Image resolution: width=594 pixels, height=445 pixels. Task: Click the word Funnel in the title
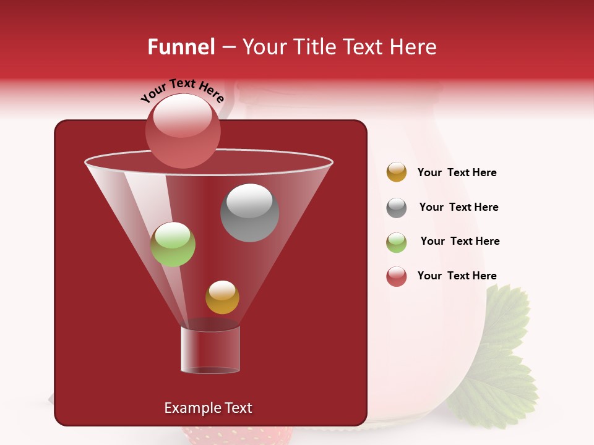pos(181,47)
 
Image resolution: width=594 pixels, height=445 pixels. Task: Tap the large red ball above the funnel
pos(183,130)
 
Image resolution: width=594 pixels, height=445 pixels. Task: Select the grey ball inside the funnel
pos(249,213)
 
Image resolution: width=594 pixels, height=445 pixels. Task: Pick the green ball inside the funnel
pos(173,244)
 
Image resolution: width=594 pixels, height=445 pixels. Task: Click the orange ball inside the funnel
pos(222,297)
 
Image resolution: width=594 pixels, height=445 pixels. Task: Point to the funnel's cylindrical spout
pos(210,349)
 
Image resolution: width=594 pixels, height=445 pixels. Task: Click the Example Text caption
pos(209,408)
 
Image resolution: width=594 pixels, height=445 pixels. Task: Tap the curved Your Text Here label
pos(182,90)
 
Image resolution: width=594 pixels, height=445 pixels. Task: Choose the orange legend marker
pos(397,172)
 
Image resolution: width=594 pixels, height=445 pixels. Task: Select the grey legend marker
pos(397,208)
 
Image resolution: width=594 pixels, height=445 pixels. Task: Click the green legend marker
pos(397,242)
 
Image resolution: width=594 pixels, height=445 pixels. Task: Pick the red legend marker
pos(397,276)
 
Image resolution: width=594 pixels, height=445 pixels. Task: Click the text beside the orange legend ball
pos(457,172)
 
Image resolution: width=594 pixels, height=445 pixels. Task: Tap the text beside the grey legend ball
pos(458,207)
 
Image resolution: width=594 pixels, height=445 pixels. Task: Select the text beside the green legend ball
pos(460,241)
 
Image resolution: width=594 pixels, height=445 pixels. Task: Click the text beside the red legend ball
pos(457,276)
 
